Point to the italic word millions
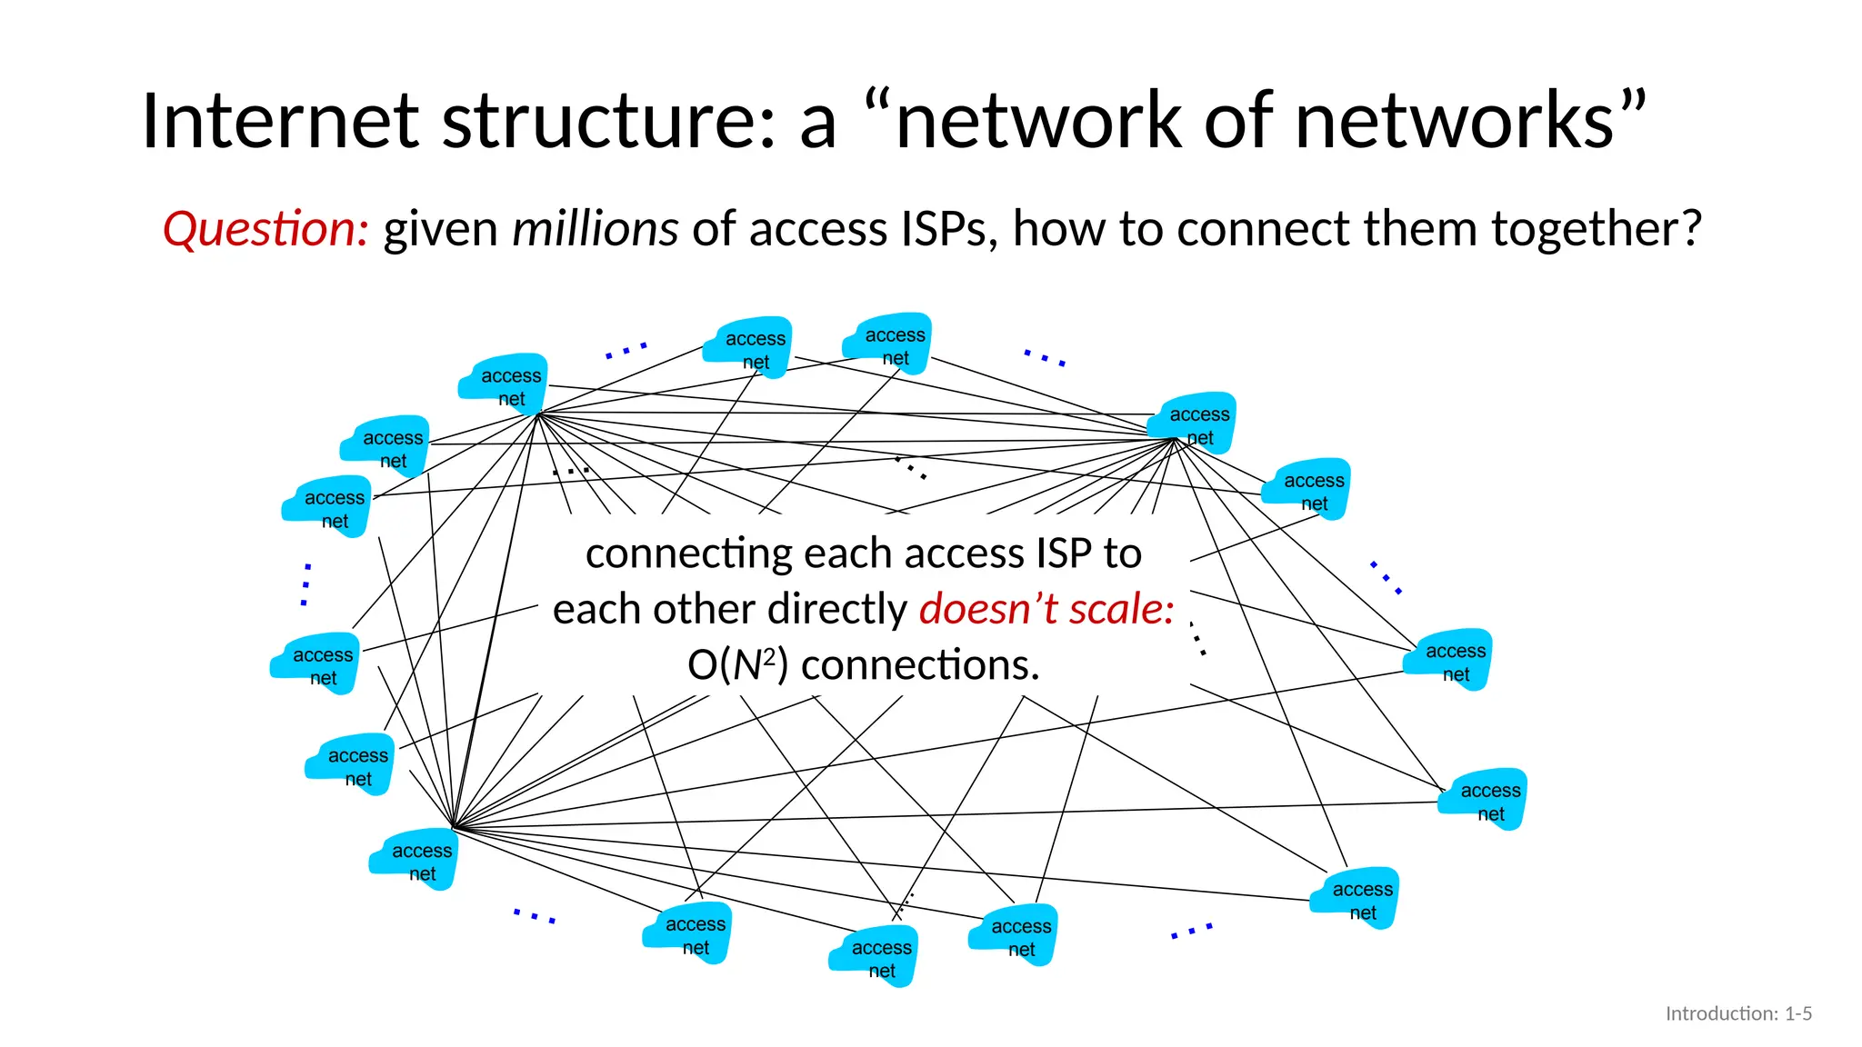pos(595,229)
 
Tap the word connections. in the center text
pos(920,665)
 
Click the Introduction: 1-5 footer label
pos(1737,1013)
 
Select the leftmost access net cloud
pos(315,663)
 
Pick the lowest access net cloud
pos(875,957)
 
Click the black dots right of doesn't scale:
pos(1197,639)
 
